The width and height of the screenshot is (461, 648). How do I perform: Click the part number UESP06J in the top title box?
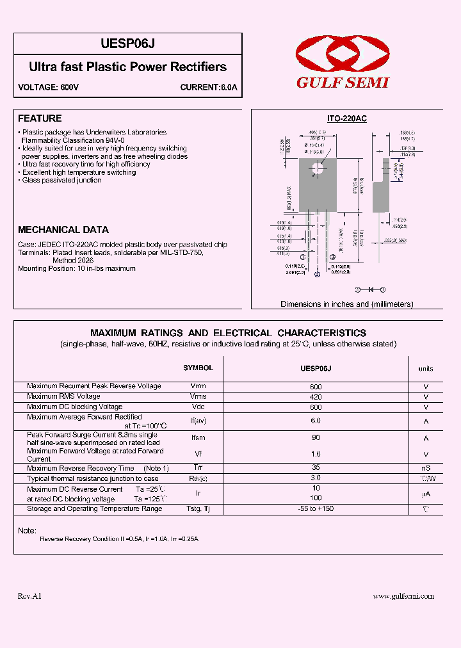128,44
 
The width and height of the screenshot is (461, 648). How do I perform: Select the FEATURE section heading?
40,118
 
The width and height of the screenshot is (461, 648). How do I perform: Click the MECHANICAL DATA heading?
63,229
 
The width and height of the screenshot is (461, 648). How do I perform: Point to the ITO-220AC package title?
346,119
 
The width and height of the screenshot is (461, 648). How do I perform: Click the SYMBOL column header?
198,368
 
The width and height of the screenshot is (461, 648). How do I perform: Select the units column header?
425,368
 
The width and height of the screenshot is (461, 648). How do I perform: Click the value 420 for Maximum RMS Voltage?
316,397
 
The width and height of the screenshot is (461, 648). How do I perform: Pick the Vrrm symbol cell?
198,387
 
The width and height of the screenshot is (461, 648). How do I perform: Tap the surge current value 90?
316,438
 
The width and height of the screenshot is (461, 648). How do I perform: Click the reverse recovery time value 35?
316,468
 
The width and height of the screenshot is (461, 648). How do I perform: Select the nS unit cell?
426,468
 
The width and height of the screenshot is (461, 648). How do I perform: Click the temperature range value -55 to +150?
316,508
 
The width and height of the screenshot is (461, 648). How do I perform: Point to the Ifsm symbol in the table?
198,438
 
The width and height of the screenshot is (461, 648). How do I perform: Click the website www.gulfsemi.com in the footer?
403,595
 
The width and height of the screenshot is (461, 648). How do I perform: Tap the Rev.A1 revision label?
29,595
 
